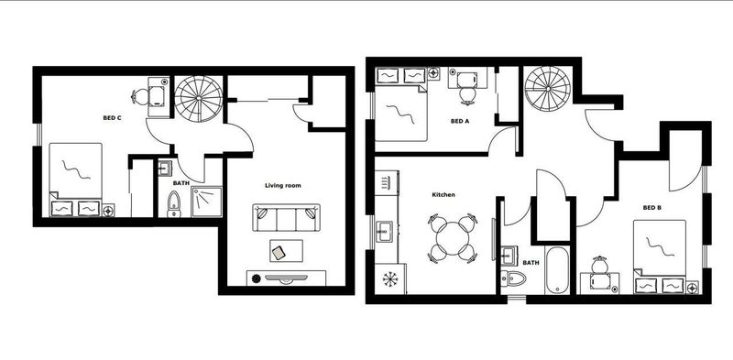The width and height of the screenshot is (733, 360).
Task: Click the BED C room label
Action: pyautogui.click(x=112, y=118)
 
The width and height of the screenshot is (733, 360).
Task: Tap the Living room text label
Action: pyautogui.click(x=283, y=186)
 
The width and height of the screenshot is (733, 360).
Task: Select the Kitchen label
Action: pyautogui.click(x=443, y=194)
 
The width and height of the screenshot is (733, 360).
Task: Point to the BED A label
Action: pyautogui.click(x=460, y=121)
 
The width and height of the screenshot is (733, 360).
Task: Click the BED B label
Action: pyautogui.click(x=651, y=208)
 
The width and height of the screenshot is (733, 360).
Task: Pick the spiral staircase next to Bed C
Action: pyautogui.click(x=199, y=99)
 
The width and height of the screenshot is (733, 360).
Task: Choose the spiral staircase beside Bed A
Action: pyautogui.click(x=547, y=89)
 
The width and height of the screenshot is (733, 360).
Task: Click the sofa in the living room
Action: pyautogui.click(x=287, y=217)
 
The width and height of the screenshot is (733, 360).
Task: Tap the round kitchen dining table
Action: pyautogui.click(x=453, y=238)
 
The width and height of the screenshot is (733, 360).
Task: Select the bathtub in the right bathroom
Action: pyautogui.click(x=557, y=270)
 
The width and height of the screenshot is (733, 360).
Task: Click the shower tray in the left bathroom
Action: pyautogui.click(x=207, y=202)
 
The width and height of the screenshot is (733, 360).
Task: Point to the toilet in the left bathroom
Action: pyautogui.click(x=174, y=204)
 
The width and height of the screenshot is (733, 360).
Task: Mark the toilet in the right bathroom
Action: pyautogui.click(x=513, y=278)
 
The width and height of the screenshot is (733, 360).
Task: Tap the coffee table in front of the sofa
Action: pyautogui.click(x=286, y=251)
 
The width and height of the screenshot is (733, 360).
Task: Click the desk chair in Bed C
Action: pyautogui.click(x=140, y=97)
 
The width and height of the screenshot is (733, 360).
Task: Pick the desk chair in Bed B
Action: pyautogui.click(x=599, y=265)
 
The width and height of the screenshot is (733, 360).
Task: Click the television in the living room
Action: pyautogui.click(x=286, y=278)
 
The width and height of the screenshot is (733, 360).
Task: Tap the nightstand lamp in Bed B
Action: pyautogui.click(x=692, y=287)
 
